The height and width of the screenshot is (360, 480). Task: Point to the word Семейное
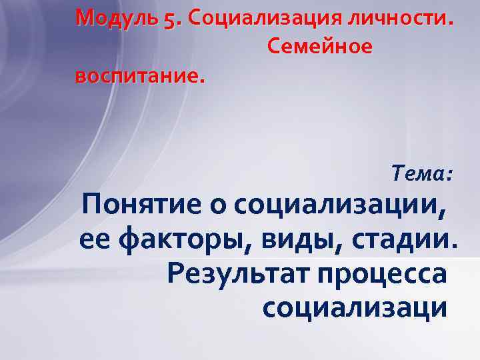(319, 47)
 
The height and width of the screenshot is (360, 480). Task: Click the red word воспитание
(137, 75)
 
